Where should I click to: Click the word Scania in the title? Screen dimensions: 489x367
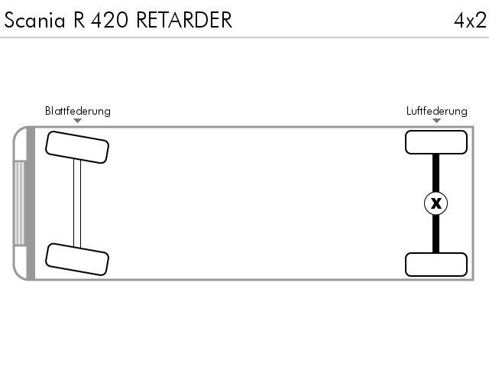click(34, 20)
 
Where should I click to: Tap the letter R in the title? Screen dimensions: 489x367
click(79, 20)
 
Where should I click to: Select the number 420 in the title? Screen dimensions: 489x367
click(109, 20)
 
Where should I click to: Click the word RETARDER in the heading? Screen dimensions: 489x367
click(184, 20)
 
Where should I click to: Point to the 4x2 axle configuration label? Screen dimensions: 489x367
click(470, 21)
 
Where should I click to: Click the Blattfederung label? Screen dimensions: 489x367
click(78, 111)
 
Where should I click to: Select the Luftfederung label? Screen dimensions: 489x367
click(436, 111)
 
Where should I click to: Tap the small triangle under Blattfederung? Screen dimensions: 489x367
click(78, 121)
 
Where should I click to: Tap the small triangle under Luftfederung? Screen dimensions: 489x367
click(436, 121)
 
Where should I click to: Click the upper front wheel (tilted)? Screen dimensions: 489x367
click(77, 147)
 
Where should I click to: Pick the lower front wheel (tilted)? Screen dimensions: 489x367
click(77, 259)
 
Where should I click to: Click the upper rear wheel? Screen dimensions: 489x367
click(436, 142)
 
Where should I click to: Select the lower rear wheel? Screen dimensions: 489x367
click(436, 265)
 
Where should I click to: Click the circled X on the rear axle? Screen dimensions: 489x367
click(436, 203)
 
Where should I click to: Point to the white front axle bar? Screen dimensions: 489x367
click(77, 203)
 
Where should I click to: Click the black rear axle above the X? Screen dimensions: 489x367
click(436, 173)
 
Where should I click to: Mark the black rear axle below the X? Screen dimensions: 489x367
click(436, 234)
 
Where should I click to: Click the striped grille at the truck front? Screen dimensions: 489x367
click(19, 203)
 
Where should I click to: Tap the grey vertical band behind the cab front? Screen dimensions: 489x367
click(31, 203)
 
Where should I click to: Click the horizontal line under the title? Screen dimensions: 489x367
click(244, 37)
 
